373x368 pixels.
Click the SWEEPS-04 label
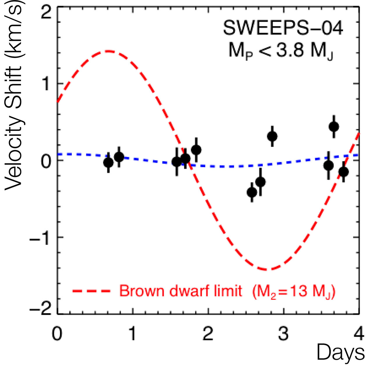point(283,28)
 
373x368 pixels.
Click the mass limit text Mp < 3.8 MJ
point(281,51)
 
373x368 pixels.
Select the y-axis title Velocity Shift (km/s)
point(14,96)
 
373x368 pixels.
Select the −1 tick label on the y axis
point(41,237)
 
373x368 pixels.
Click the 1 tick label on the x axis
point(133,333)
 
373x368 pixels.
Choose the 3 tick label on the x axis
point(283,333)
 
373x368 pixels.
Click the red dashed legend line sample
point(92,291)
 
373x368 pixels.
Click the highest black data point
point(334,127)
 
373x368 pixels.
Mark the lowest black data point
point(252,192)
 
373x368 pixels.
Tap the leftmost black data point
point(108,163)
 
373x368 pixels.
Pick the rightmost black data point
point(344,172)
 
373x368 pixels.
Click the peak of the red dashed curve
point(109,51)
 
